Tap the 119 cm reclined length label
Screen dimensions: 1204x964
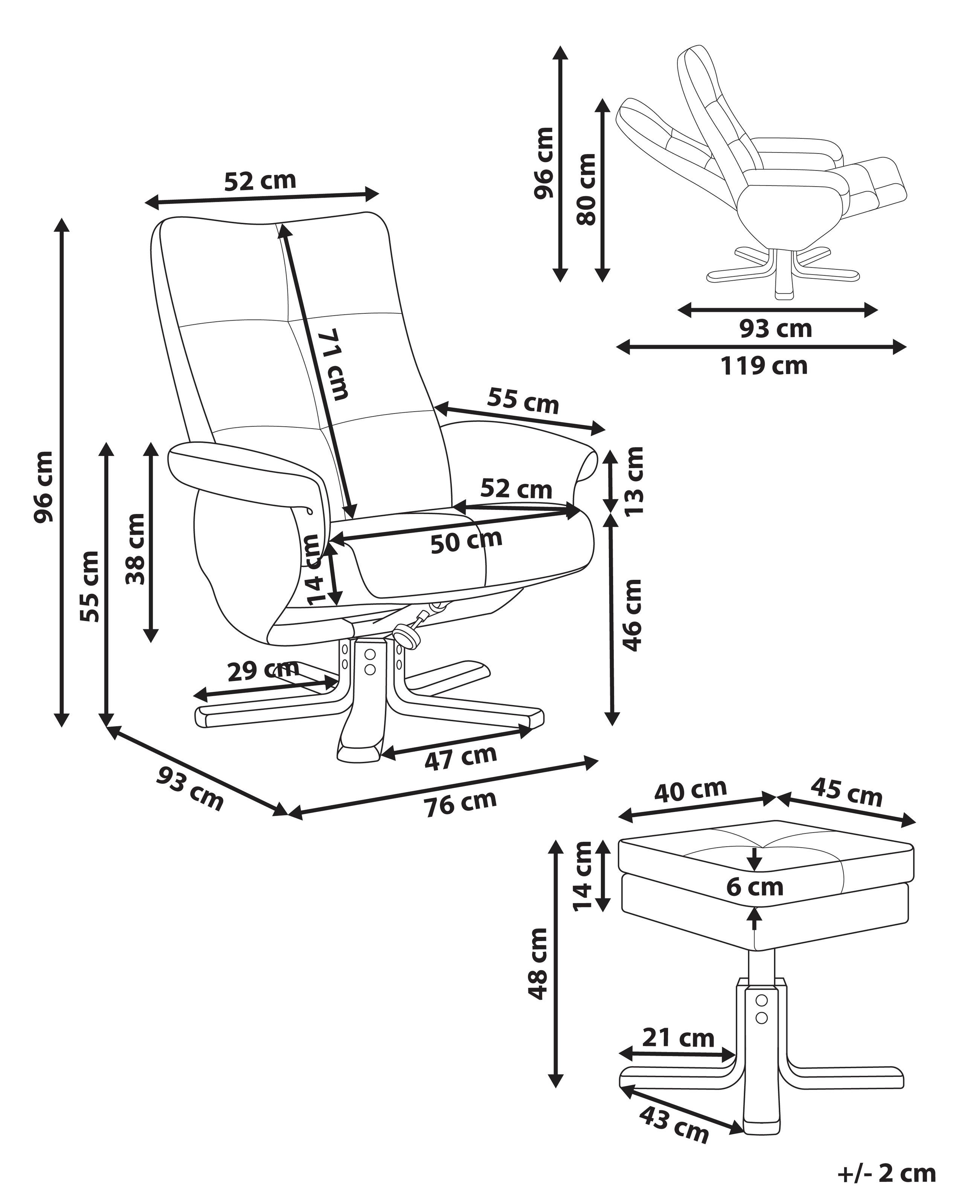coord(763,366)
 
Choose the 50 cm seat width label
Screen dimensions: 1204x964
coord(466,541)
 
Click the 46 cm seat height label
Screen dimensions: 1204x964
coord(633,615)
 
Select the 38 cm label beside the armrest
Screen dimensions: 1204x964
coord(136,549)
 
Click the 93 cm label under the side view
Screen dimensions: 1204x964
coord(776,328)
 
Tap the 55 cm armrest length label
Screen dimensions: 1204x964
coord(523,400)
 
